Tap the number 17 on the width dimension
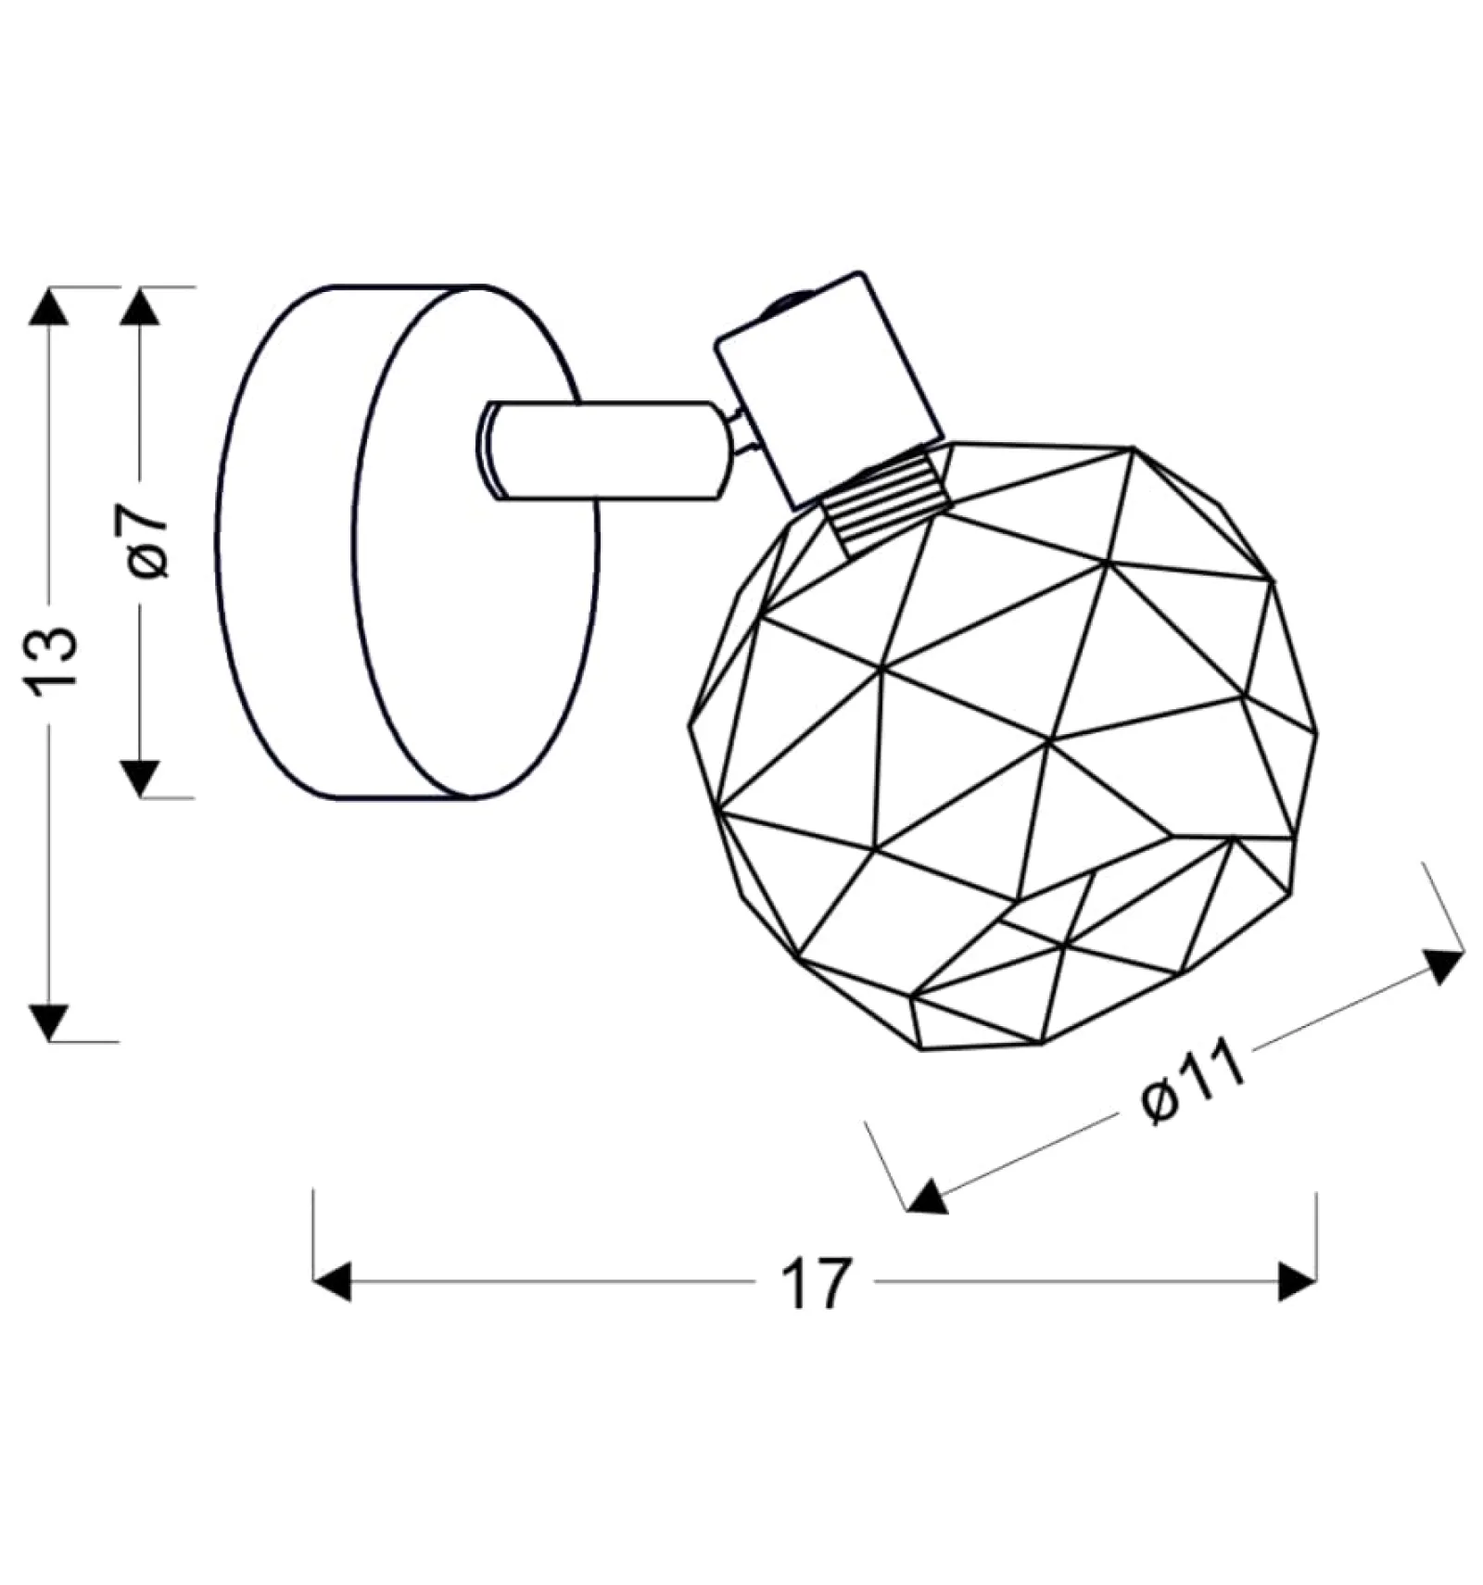pos(815,1283)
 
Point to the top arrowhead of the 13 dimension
pos(49,305)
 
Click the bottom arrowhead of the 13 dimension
pos(49,1022)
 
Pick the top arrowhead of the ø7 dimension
pos(140,305)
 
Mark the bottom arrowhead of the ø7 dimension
pos(140,779)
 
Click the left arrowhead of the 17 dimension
pos(333,1282)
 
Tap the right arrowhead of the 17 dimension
pos(1297,1282)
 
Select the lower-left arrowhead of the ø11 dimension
pos(928,1197)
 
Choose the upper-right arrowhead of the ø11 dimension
pos(1442,966)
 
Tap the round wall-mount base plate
pos(408,542)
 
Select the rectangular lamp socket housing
pos(828,388)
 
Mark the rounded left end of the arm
pos(491,450)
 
